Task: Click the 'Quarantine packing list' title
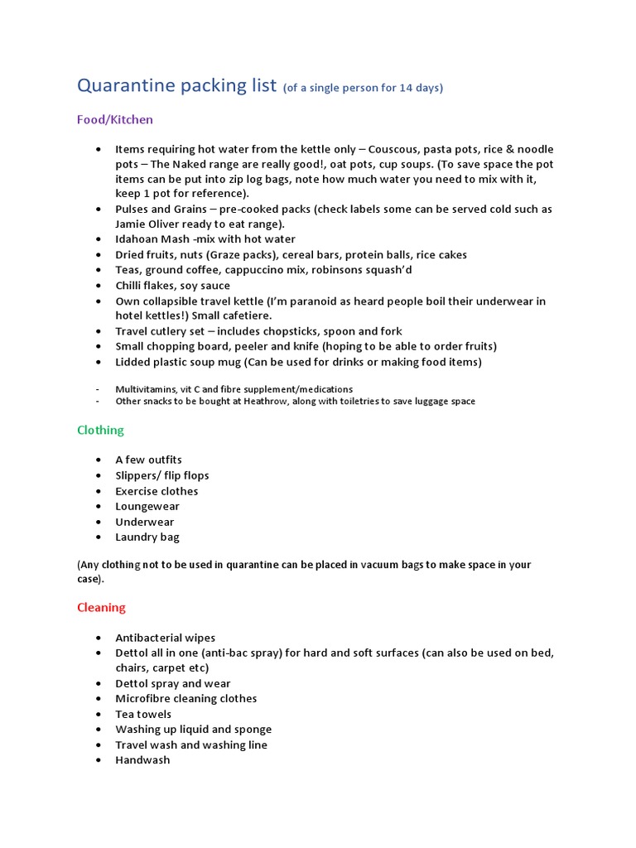click(x=176, y=85)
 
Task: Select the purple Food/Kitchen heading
click(x=115, y=119)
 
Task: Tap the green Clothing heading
click(x=100, y=430)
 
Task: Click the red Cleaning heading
click(x=101, y=607)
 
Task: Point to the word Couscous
click(x=393, y=149)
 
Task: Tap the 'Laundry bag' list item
click(x=147, y=537)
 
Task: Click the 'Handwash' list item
click(x=142, y=759)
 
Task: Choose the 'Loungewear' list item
click(x=147, y=506)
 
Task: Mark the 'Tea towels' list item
click(x=143, y=714)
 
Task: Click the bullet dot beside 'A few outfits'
click(x=99, y=460)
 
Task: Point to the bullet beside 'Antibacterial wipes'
click(x=99, y=638)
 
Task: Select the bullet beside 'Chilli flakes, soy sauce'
click(x=99, y=286)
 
